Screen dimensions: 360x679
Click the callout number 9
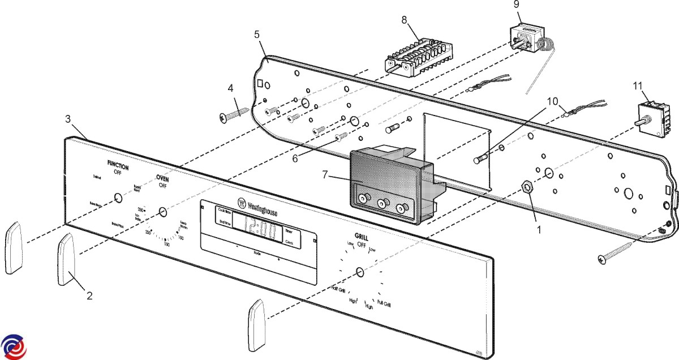[x=516, y=4]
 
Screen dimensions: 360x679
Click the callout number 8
[x=404, y=19]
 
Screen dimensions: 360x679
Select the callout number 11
[x=637, y=85]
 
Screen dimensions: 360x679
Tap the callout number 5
[x=257, y=34]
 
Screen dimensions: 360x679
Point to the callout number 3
[x=67, y=119]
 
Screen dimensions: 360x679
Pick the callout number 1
[x=538, y=230]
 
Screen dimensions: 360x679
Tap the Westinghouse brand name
[x=260, y=209]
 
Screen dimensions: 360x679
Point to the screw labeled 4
[x=234, y=113]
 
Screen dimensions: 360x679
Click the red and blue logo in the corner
[x=14, y=346]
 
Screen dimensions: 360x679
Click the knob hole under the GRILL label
[x=359, y=274]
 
